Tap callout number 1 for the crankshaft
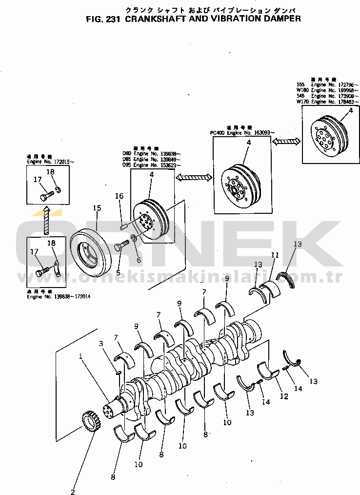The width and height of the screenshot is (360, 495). (x=81, y=356)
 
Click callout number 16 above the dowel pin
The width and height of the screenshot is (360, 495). (x=119, y=196)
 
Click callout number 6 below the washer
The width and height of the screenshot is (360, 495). (x=139, y=260)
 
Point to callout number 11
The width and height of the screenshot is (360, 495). (x=275, y=255)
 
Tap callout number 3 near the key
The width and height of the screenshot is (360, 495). (x=101, y=344)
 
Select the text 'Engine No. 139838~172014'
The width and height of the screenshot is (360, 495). (x=59, y=296)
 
